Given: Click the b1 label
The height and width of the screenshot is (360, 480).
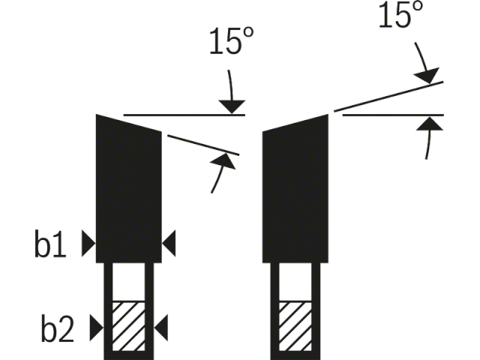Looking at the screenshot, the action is (x=50, y=244).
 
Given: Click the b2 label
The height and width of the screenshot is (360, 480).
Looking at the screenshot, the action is (x=57, y=328).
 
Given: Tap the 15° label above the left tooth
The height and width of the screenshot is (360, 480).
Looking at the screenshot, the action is (x=232, y=41).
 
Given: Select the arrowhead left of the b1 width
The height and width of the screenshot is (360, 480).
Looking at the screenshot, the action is (x=88, y=244).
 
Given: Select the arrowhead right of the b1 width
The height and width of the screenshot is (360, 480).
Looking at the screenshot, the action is (x=169, y=244).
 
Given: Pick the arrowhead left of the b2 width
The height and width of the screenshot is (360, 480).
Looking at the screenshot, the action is (x=97, y=328).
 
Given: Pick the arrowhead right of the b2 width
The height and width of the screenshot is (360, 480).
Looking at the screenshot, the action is (x=160, y=328).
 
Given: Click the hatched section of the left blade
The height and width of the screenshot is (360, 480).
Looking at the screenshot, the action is (x=128, y=326).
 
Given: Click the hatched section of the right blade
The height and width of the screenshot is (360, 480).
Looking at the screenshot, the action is (x=295, y=326).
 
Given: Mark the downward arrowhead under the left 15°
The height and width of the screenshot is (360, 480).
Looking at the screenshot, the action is (x=232, y=106).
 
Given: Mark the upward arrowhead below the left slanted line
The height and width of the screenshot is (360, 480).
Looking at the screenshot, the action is (x=224, y=160).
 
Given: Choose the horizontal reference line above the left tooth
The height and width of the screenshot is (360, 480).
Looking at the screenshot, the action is (x=184, y=115).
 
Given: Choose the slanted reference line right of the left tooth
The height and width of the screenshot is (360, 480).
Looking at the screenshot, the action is (x=203, y=145).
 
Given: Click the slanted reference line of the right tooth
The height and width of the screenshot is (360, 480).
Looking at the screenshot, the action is (x=388, y=97).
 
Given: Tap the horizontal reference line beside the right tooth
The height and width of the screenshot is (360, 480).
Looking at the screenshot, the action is (x=393, y=115).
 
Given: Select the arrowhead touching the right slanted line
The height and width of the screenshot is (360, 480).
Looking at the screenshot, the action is (x=427, y=75).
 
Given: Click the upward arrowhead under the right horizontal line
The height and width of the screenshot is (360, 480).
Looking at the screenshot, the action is (x=430, y=123).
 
